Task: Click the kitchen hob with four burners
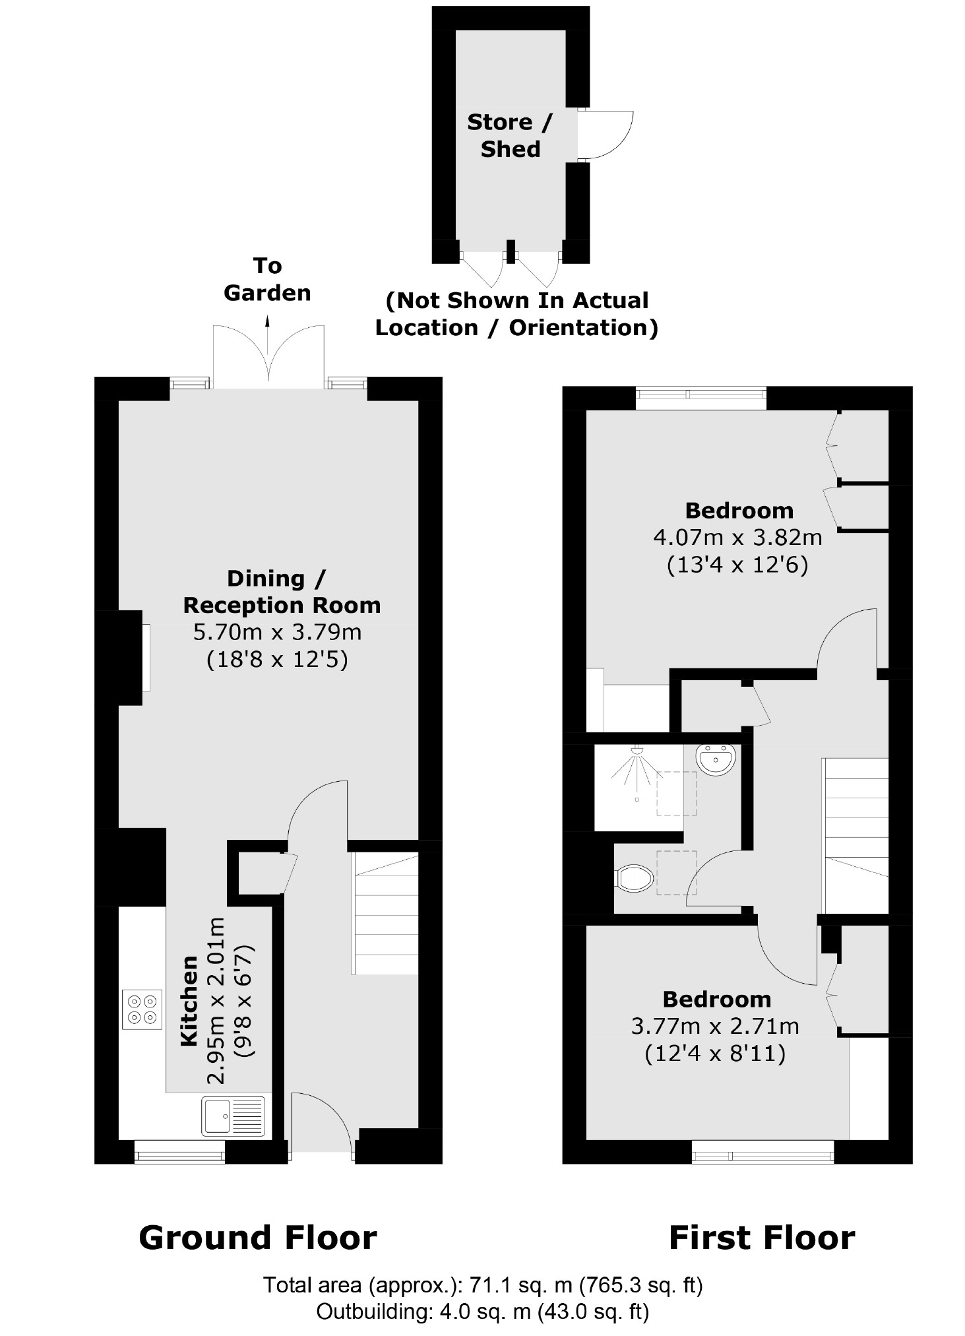tap(142, 1009)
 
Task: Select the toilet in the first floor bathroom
tap(635, 878)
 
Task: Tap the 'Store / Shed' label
tap(509, 135)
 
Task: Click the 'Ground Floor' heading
tap(257, 1238)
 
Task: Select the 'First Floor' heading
tap(761, 1238)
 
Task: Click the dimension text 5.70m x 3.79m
tap(277, 632)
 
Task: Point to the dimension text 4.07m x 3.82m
tap(737, 538)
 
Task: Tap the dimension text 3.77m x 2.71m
tap(715, 1027)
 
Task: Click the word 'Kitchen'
tap(189, 1000)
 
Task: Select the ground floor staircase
tap(385, 914)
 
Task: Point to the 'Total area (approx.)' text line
tap(483, 1285)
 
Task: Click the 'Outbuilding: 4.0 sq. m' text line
tap(483, 1312)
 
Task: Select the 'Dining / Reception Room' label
tap(282, 592)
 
